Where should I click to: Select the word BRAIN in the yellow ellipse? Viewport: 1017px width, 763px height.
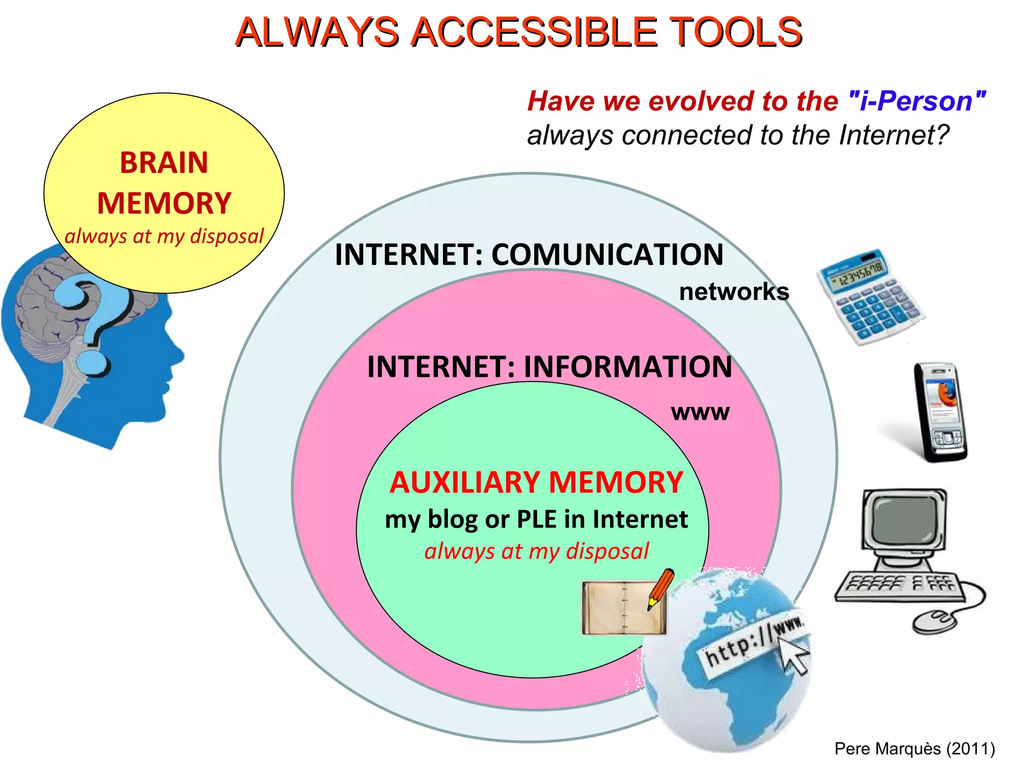pos(164,162)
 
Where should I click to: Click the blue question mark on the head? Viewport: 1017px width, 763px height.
pos(94,318)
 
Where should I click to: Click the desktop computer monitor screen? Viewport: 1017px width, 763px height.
pos(904,520)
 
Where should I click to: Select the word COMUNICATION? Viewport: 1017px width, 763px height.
pos(607,255)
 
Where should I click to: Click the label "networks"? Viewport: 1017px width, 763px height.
pos(733,292)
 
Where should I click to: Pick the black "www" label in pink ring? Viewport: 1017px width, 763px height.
pos(700,412)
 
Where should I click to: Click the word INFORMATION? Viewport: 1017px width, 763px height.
pos(628,367)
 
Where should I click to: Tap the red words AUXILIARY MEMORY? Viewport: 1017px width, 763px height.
pos(536,482)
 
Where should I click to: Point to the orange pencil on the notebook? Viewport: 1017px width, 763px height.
pos(661,589)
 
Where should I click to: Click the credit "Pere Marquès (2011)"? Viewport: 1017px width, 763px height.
pos(914,748)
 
